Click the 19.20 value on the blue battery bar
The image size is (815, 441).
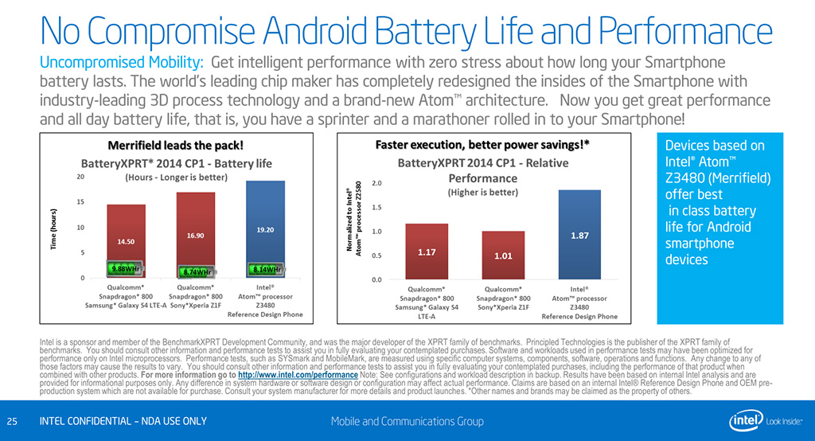265,230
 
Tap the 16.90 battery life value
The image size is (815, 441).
196,236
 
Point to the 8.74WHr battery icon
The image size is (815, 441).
195,270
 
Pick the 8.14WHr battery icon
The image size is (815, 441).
265,268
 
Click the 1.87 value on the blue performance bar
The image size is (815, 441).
579,236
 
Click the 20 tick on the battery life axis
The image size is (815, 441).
80,178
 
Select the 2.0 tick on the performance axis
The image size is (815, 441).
376,183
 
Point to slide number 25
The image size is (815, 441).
12,420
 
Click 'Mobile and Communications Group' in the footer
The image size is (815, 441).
407,420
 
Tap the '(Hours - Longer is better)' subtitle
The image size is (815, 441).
177,178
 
